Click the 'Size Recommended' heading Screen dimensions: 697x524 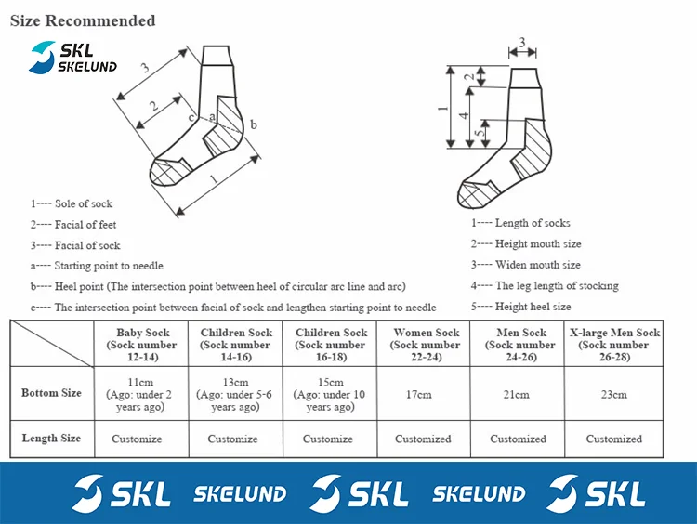click(83, 20)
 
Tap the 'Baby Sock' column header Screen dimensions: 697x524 click(141, 345)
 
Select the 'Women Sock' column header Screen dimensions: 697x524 click(426, 345)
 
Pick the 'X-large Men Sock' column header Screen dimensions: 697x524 click(614, 345)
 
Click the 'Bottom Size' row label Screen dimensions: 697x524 click(51, 393)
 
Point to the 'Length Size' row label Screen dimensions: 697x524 click(51, 438)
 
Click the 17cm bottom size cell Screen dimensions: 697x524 click(419, 395)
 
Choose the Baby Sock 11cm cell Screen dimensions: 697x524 click(139, 395)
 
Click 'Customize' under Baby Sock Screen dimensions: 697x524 click(137, 439)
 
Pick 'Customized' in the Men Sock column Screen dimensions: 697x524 click(518, 439)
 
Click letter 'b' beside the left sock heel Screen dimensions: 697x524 click(253, 124)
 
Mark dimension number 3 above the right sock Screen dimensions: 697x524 click(522, 42)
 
